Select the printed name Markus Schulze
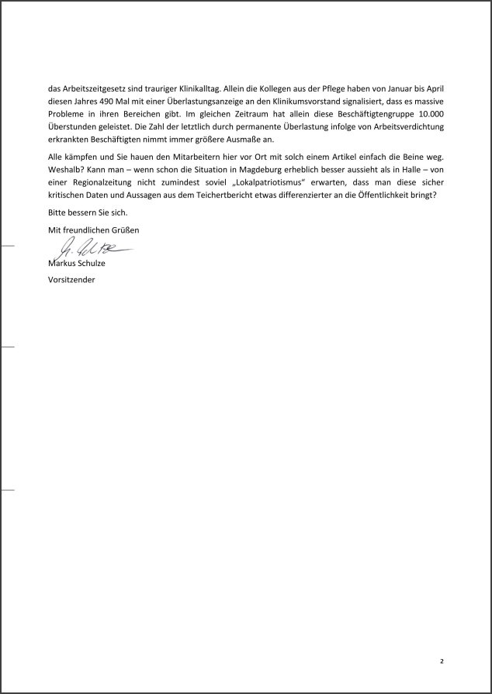[x=77, y=264]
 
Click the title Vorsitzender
[x=71, y=279]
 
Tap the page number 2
[x=442, y=661]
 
